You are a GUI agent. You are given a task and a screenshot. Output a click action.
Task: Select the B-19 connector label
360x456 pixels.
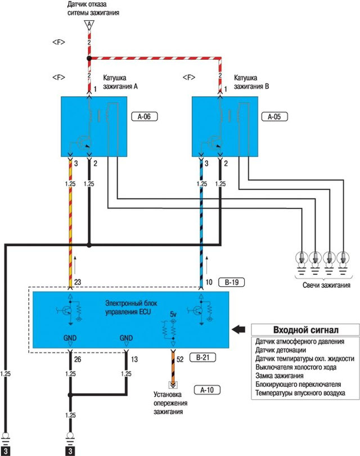[231, 281]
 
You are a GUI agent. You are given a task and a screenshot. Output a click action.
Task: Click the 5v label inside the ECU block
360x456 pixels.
[173, 315]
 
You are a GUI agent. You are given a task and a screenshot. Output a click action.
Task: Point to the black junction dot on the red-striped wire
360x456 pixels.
[88, 58]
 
